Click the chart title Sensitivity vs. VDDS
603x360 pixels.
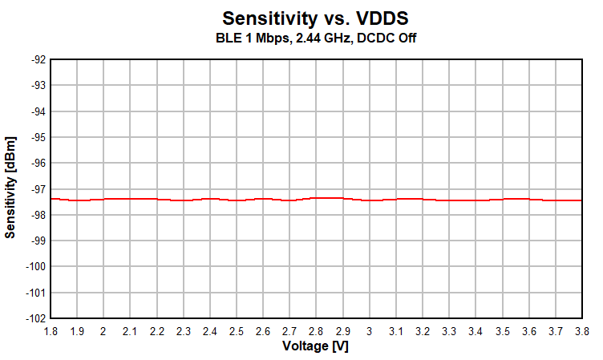(x=315, y=18)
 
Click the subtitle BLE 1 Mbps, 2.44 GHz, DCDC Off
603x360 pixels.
(x=315, y=37)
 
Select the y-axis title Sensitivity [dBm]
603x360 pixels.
(x=10, y=188)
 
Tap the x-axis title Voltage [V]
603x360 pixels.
(x=315, y=346)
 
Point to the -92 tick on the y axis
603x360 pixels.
(x=37, y=59)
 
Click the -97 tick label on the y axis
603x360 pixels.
(x=37, y=188)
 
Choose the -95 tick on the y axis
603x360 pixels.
(x=37, y=137)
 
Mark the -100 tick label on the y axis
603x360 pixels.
(x=35, y=266)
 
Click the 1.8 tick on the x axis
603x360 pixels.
(x=51, y=331)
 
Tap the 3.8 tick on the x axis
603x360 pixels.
(x=581, y=331)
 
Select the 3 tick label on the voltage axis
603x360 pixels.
(x=369, y=331)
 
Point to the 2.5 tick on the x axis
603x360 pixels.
(x=237, y=331)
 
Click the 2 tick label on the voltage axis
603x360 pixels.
(x=103, y=331)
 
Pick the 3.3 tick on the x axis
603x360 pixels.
(x=449, y=331)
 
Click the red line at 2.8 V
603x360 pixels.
(x=316, y=197)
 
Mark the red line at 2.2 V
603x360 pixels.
(x=156, y=199)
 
